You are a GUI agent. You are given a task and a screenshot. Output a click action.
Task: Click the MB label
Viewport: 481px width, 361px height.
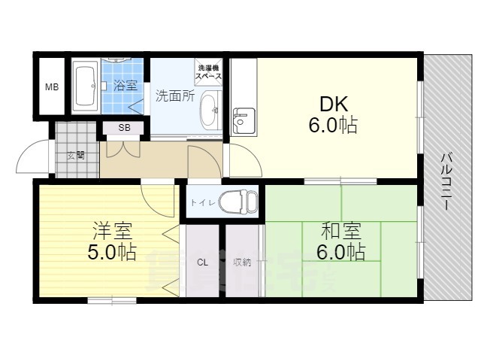click(x=51, y=87)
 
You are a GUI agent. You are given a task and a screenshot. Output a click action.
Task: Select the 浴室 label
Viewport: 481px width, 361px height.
click(x=125, y=86)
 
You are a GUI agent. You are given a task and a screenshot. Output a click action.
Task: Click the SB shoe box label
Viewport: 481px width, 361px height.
click(x=124, y=128)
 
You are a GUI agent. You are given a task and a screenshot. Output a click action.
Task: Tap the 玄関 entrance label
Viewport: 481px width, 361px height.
click(x=75, y=156)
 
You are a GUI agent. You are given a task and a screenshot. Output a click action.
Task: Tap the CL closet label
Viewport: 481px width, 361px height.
click(x=203, y=262)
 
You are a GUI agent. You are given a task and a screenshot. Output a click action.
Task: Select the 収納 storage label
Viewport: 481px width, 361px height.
click(x=241, y=262)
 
